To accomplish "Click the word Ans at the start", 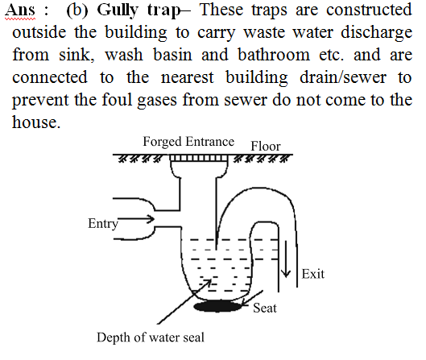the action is tap(20, 10).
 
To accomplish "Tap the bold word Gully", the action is tap(118, 10).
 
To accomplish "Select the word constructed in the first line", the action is tap(369, 10).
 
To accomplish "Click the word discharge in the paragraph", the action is tap(376, 33).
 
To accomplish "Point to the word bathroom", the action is tap(274, 55).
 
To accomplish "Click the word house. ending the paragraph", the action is tap(36, 122).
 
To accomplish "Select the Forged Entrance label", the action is tap(188, 141).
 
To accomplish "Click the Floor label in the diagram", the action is tap(266, 146).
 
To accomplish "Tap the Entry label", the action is tap(103, 224).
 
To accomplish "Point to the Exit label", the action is tap(313, 274).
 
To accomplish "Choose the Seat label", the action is tap(265, 308).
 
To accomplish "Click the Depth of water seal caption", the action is tap(151, 337).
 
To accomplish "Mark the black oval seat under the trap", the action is tap(218, 306).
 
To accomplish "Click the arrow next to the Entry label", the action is tap(136, 219).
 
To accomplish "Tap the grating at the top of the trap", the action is tap(199, 158).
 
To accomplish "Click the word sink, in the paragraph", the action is tap(77, 55).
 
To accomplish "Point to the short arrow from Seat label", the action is tap(251, 298).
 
